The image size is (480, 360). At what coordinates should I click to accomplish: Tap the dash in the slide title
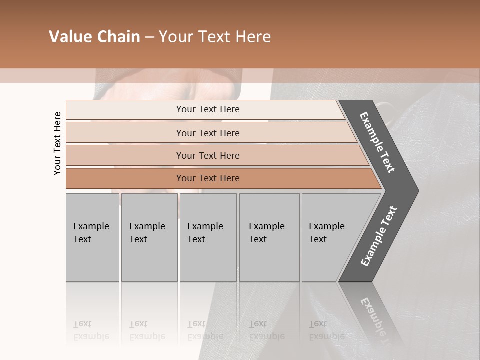click(149, 37)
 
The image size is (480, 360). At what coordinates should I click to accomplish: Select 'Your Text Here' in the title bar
click(215, 37)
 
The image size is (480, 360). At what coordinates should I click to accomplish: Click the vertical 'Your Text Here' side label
click(57, 144)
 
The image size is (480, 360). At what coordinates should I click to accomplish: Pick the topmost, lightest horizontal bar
click(208, 109)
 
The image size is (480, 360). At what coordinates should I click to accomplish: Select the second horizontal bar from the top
click(208, 133)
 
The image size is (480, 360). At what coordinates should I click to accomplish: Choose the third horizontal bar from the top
click(208, 155)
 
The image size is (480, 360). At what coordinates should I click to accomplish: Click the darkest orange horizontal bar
click(208, 178)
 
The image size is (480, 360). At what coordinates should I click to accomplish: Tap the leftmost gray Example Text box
click(92, 237)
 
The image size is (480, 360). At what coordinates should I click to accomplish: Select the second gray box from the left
click(149, 237)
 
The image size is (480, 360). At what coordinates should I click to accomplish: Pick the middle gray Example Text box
click(208, 237)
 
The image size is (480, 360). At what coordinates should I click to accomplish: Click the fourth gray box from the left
click(269, 237)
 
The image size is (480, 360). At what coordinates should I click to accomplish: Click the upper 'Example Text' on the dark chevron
click(377, 143)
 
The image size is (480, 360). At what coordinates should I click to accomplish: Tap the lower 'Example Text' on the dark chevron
click(379, 236)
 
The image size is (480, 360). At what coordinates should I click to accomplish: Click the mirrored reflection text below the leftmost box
click(91, 330)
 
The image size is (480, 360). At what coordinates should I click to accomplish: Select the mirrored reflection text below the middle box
click(205, 330)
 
